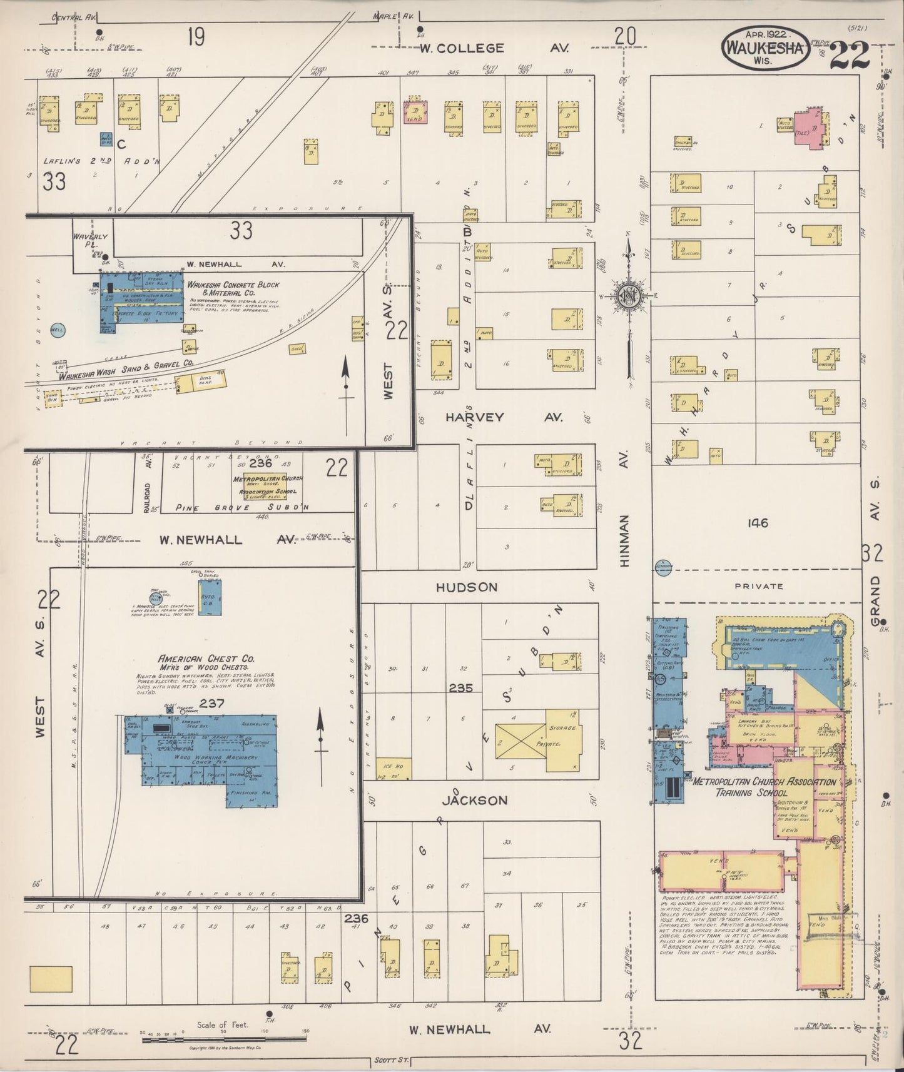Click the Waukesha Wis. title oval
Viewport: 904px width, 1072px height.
763,47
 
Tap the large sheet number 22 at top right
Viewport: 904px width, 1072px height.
850,56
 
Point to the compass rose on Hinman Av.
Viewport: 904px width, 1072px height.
627,297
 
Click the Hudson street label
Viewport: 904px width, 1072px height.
467,587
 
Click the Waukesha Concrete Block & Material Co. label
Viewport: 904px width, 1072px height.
233,288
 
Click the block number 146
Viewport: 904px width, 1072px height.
756,523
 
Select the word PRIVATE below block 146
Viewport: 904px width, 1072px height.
759,586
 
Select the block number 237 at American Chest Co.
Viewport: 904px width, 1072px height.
212,704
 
